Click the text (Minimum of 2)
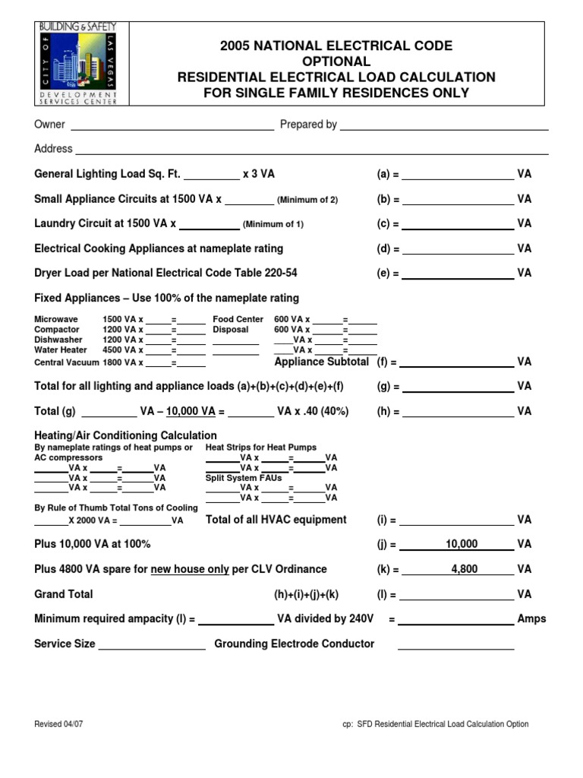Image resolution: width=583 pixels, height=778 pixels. [x=307, y=200]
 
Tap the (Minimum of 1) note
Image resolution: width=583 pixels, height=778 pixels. [x=273, y=225]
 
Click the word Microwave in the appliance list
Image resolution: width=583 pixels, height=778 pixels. [x=55, y=320]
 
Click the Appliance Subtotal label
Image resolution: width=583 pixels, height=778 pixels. [x=321, y=362]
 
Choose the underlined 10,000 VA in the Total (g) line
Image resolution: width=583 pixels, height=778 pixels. [x=191, y=411]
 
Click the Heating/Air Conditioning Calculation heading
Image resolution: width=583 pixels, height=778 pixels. [x=126, y=435]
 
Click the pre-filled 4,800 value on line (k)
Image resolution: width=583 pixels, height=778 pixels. [x=464, y=569]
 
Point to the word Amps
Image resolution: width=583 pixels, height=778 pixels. [x=531, y=619]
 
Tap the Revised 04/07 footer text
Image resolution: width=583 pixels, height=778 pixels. [x=58, y=724]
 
